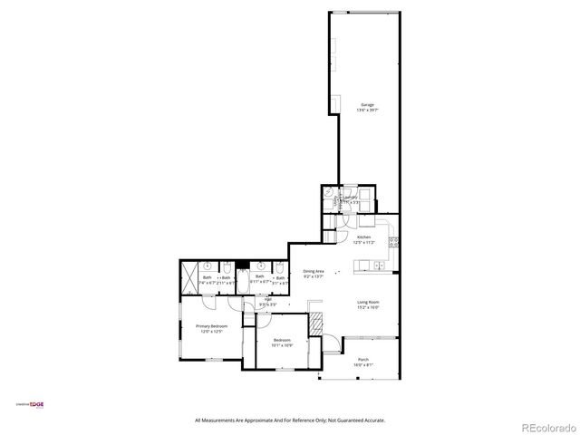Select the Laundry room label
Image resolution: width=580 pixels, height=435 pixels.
[x=349, y=200]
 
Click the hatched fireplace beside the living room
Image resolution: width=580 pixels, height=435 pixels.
[x=316, y=324]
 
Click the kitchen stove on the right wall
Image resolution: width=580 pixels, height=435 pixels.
[x=393, y=242]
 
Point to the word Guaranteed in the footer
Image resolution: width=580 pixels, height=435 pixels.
[x=347, y=420]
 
